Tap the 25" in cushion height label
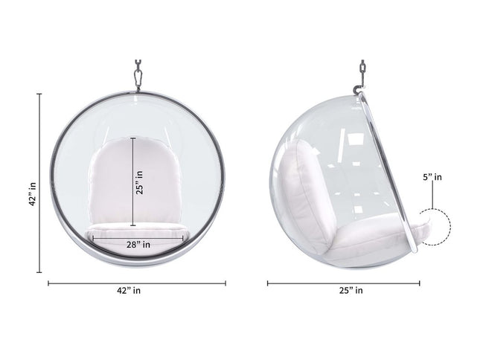click(x=140, y=182)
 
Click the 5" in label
click(x=432, y=177)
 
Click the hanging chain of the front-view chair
click(x=137, y=74)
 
